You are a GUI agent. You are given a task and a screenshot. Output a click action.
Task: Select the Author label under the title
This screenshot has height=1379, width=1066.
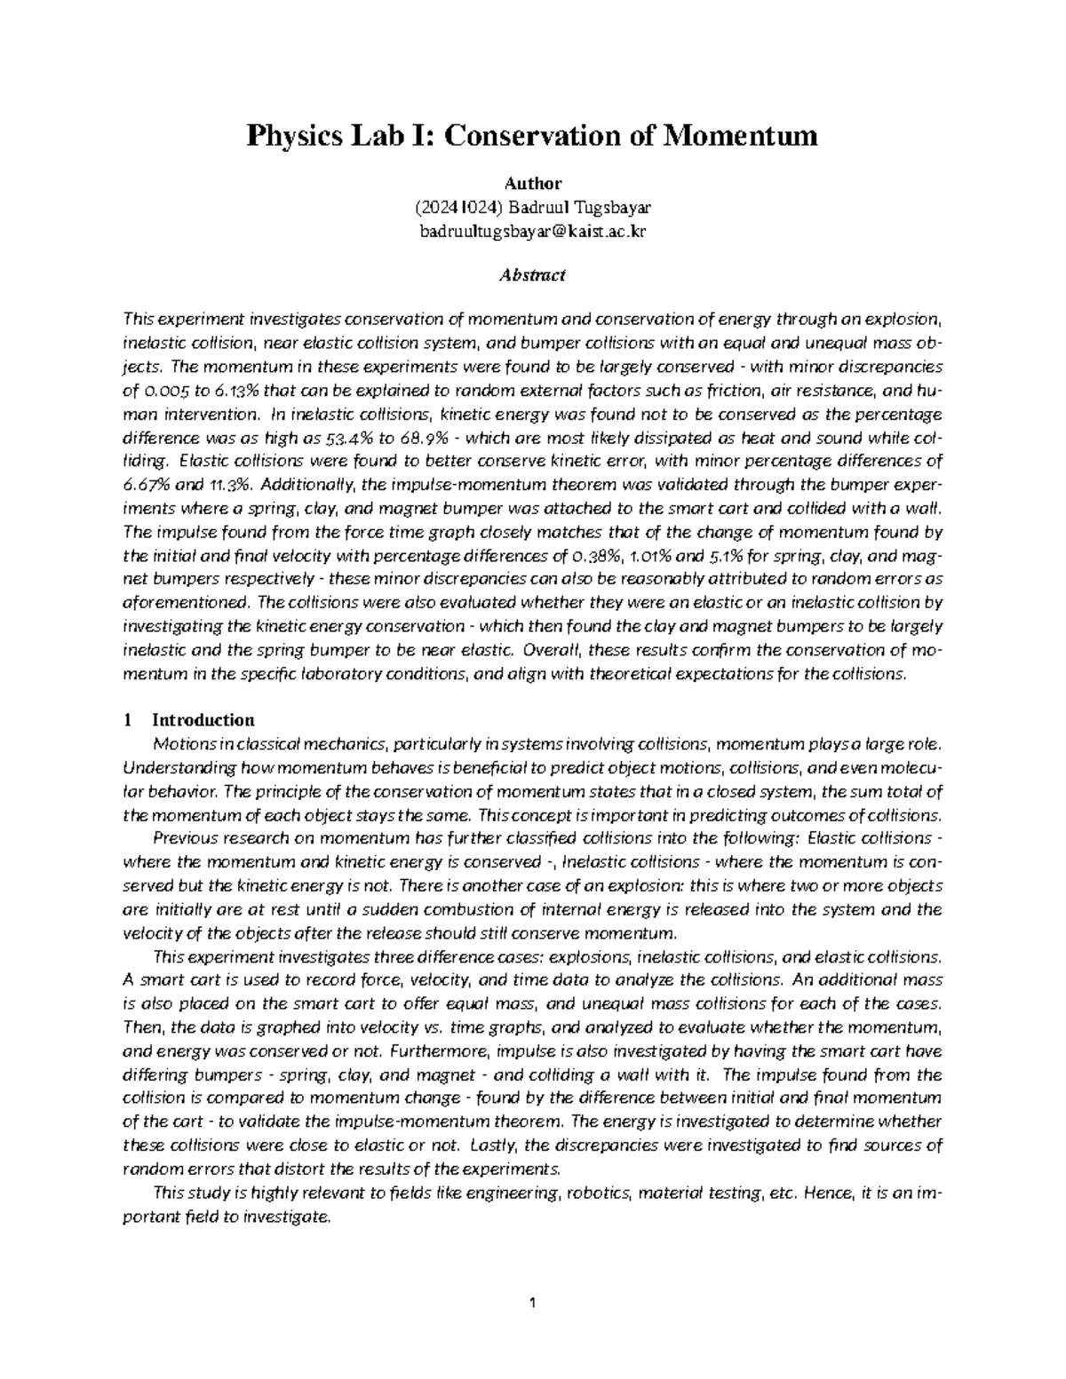(x=533, y=184)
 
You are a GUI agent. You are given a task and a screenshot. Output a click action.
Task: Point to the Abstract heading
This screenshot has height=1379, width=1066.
(x=533, y=275)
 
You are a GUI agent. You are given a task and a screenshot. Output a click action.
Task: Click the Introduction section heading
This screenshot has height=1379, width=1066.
(x=203, y=719)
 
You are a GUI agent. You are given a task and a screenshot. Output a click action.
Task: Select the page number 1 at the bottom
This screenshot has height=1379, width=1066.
(x=533, y=1304)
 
